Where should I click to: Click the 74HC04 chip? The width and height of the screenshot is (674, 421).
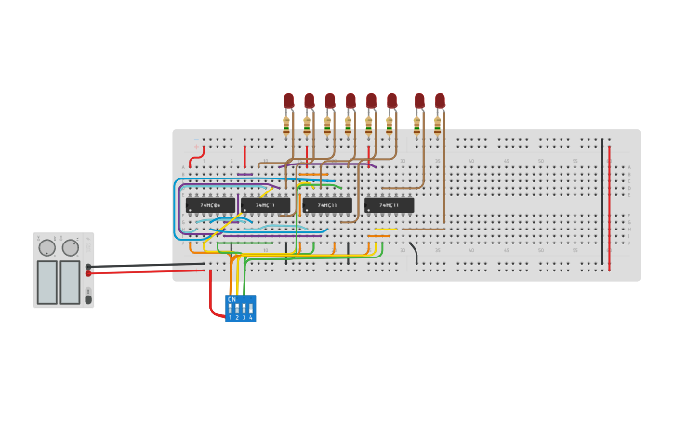tap(210, 205)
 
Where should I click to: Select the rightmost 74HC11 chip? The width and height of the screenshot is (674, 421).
tap(389, 205)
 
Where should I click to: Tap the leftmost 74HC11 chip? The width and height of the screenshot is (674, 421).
tap(265, 205)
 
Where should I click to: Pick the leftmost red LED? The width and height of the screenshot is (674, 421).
tap(288, 100)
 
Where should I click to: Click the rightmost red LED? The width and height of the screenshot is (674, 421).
tap(440, 100)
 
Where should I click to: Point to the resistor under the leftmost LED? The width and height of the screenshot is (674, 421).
tap(286, 125)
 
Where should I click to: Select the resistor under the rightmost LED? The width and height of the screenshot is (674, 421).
tap(437, 125)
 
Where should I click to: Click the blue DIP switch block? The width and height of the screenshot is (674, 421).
tap(240, 309)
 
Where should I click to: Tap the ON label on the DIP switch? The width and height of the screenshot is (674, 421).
tap(231, 299)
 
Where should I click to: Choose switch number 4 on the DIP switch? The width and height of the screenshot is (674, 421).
tap(250, 309)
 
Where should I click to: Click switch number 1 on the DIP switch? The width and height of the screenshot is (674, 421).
tap(230, 309)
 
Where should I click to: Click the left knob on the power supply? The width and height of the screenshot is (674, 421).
tap(46, 247)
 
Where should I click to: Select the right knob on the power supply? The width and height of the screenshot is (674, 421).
tap(71, 247)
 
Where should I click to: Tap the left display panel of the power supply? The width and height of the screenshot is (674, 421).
tap(46, 282)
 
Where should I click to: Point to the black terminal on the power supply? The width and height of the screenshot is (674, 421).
tap(88, 267)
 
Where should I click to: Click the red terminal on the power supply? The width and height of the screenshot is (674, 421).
tap(88, 273)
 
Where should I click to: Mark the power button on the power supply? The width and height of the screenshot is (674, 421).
tap(88, 298)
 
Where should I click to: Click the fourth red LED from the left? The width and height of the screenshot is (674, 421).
tap(350, 100)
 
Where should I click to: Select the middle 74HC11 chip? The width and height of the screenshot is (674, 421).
tap(326, 205)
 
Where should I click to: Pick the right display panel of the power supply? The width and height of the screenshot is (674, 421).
tap(70, 282)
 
